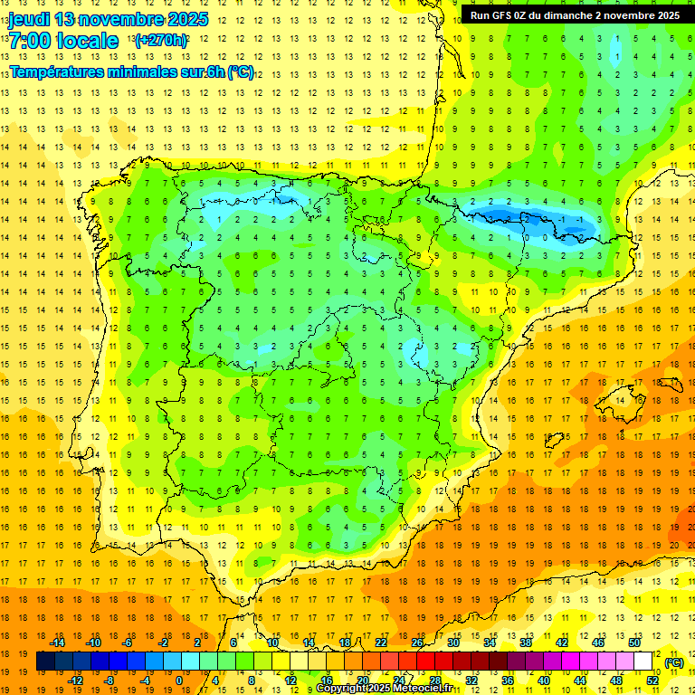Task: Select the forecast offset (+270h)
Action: click(161, 41)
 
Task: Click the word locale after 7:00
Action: click(86, 41)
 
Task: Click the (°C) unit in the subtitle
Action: click(240, 72)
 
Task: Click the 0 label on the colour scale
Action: click(179, 681)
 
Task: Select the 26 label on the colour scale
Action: click(417, 643)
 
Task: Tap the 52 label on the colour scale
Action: click(652, 681)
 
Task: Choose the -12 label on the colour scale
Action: click(76, 681)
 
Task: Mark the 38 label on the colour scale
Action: click(526, 643)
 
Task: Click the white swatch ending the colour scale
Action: click(643, 662)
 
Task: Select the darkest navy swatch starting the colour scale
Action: click(45, 662)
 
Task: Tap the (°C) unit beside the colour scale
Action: click(673, 662)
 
